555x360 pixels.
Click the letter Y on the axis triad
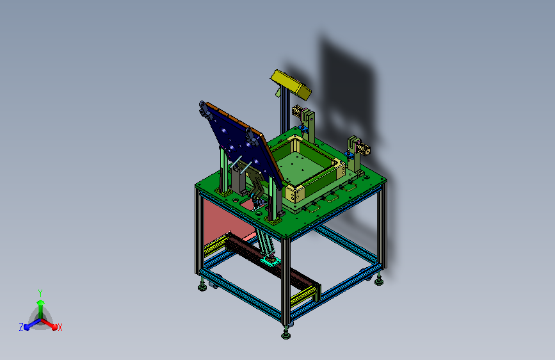pyautogui.click(x=40, y=293)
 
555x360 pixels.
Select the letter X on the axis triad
pyautogui.click(x=60, y=327)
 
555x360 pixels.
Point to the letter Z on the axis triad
pyautogui.click(x=21, y=327)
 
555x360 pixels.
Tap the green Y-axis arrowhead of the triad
pyautogui.click(x=41, y=302)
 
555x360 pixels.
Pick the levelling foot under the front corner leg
pyautogui.click(x=286, y=334)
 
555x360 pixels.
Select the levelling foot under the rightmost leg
pyautogui.click(x=379, y=281)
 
